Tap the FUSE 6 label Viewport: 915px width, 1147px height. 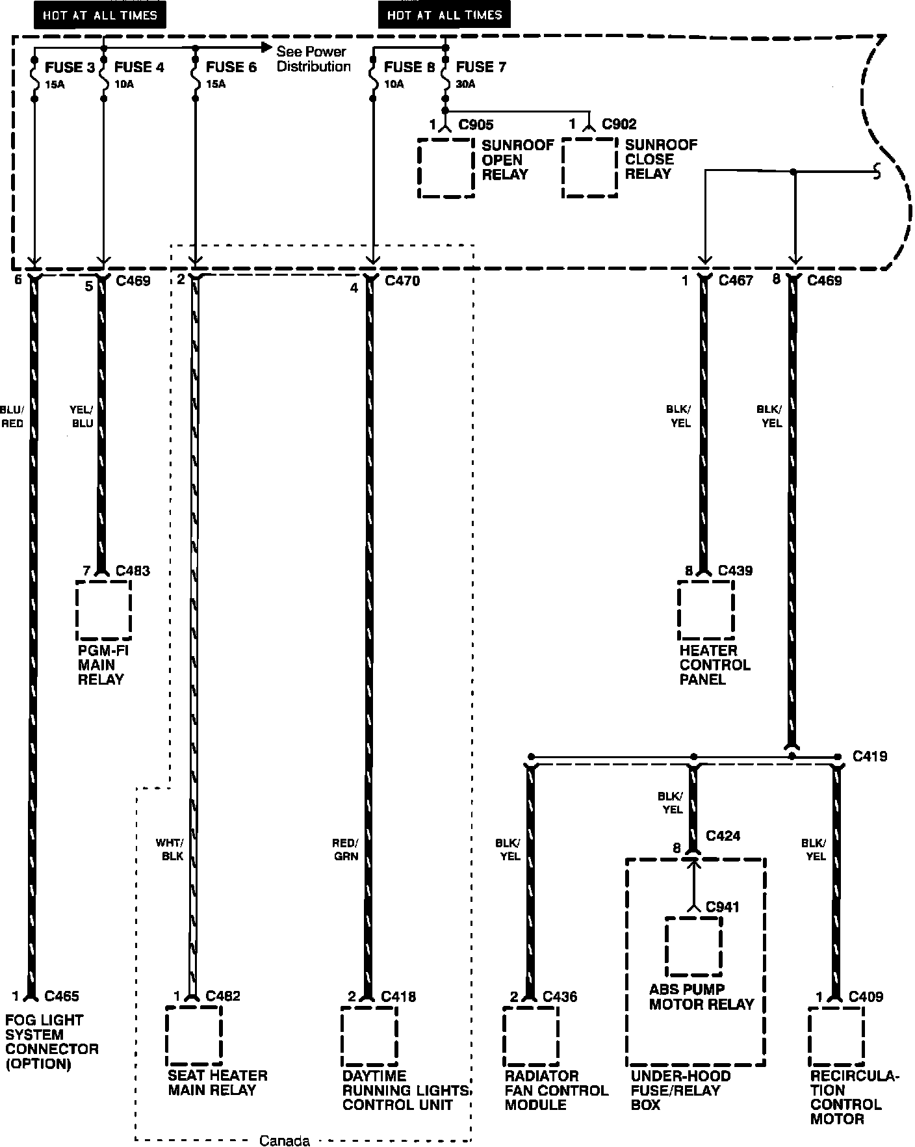pos(231,68)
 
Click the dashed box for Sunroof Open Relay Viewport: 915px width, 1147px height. pos(446,167)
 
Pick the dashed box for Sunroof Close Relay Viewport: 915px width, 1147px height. pos(589,167)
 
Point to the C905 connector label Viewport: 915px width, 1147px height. pos(476,125)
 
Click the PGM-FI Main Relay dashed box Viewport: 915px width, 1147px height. pos(104,610)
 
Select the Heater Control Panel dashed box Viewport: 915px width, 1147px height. pos(706,610)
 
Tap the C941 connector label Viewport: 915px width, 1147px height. pos(722,907)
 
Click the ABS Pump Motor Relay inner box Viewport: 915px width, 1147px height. pos(693,946)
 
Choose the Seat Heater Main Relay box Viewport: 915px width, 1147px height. pos(194,1036)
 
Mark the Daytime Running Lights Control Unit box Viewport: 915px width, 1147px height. pos(369,1036)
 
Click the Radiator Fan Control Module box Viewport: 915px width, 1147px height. pos(530,1036)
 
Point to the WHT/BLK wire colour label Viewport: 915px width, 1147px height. pos(170,849)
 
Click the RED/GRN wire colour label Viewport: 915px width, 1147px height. pos(346,849)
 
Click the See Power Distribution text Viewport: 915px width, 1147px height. pos(313,59)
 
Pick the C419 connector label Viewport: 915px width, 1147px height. pos(870,756)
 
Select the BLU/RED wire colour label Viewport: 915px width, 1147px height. pos(12,416)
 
